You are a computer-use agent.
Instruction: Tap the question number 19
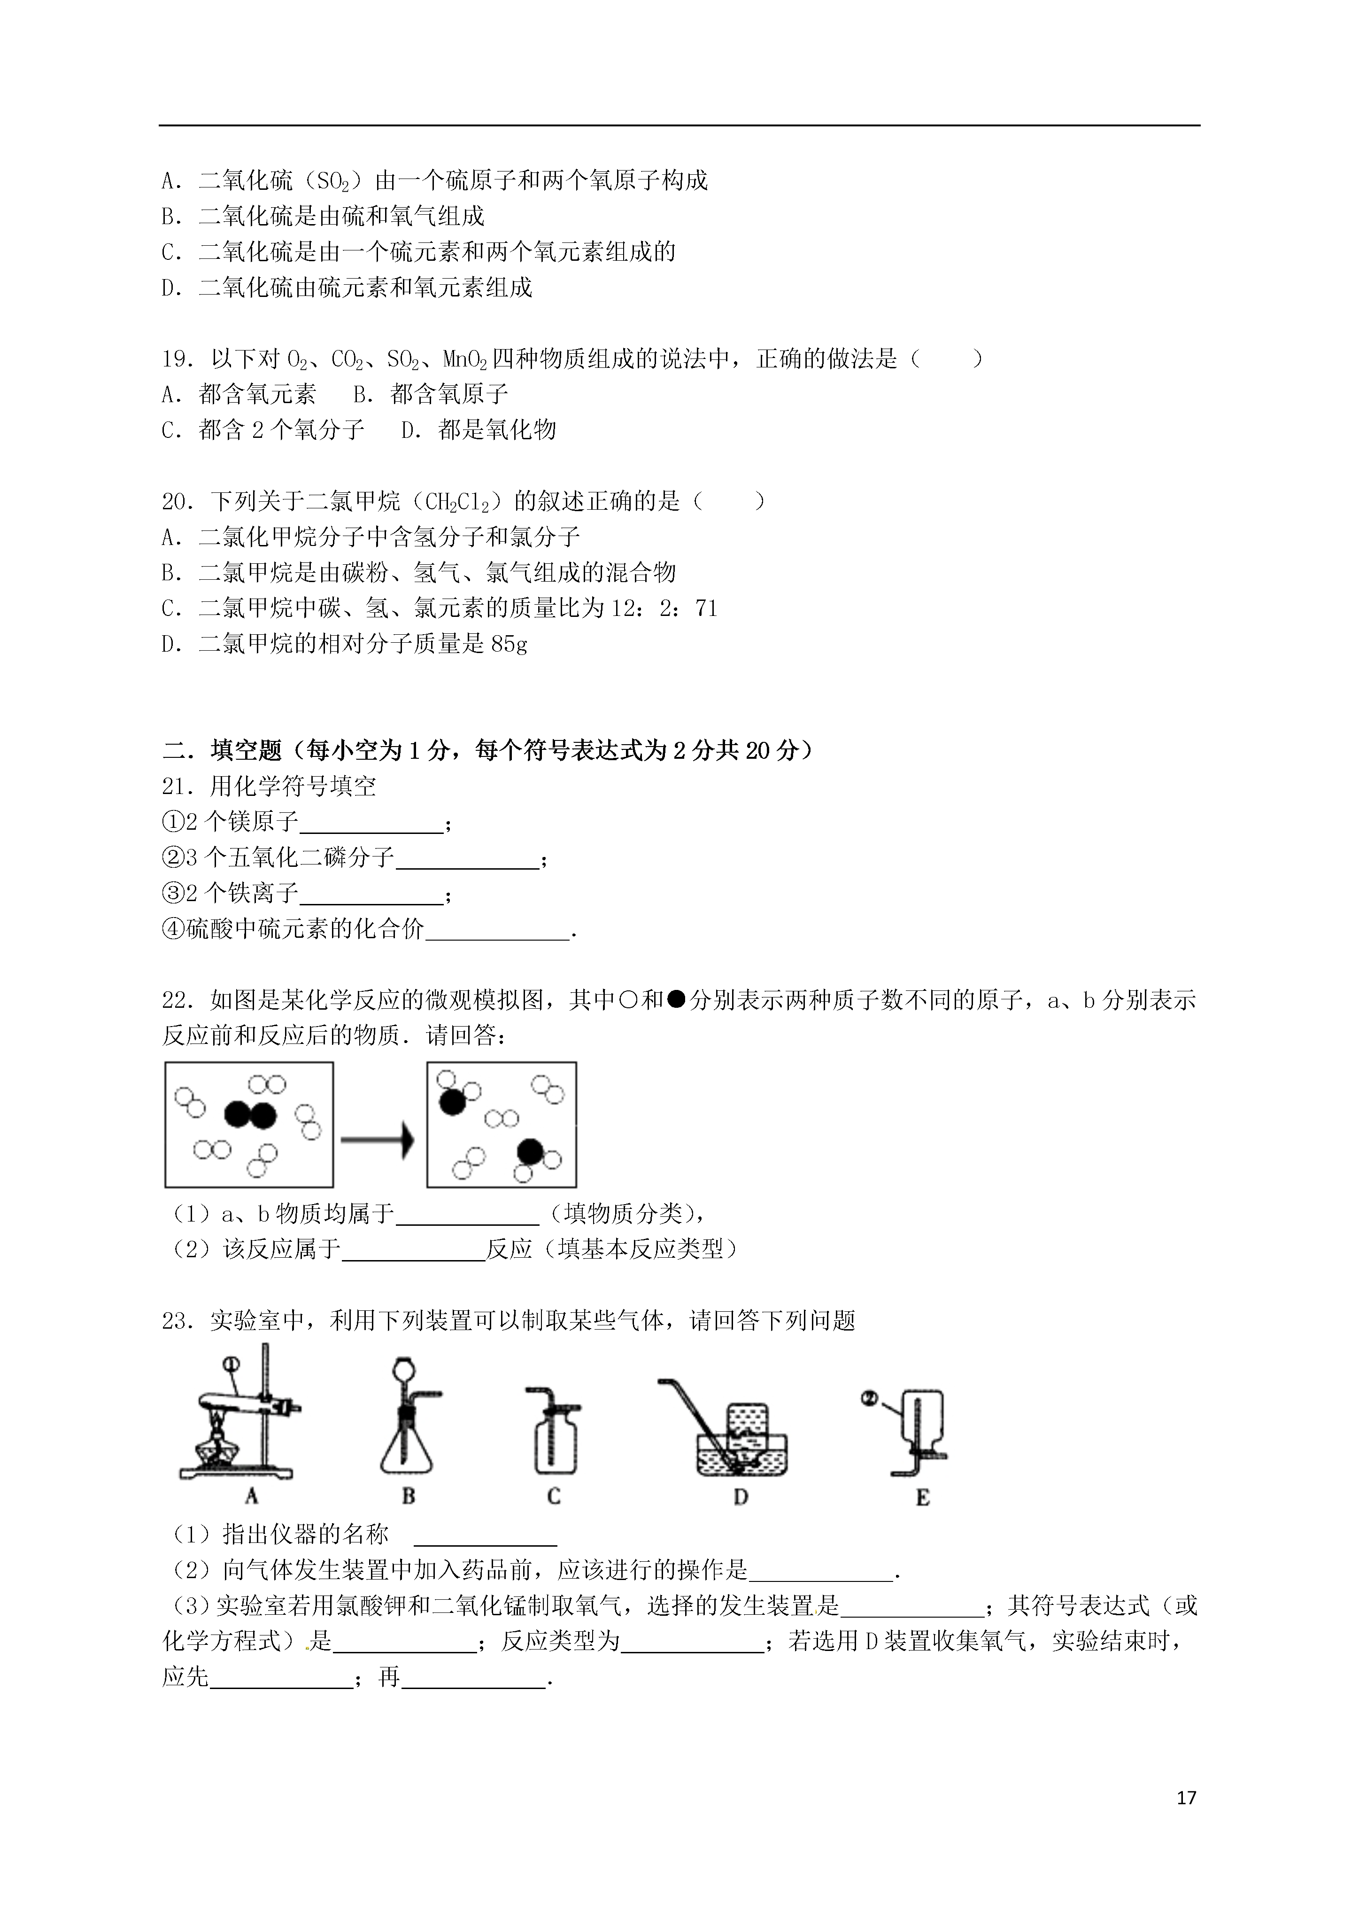177,359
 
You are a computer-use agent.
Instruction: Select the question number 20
177,501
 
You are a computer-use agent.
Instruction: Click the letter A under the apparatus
251,1496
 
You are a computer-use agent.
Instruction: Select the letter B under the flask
409,1496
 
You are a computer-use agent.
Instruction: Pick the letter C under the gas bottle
554,1496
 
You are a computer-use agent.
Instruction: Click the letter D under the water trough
740,1496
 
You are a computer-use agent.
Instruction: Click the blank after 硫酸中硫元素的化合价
497,931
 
